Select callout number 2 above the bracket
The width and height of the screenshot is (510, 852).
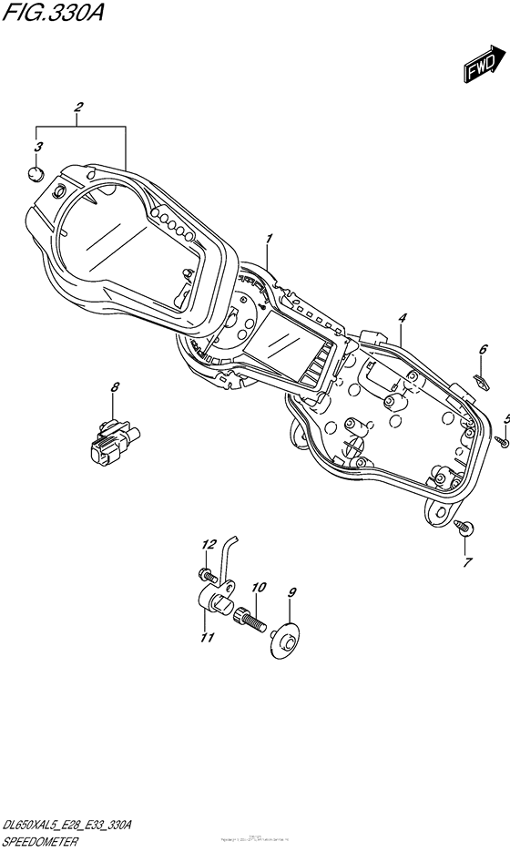pyautogui.click(x=79, y=108)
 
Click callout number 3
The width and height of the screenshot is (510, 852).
pyautogui.click(x=37, y=147)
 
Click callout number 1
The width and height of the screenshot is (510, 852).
pyautogui.click(x=270, y=239)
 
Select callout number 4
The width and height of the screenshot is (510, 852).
pyautogui.click(x=401, y=317)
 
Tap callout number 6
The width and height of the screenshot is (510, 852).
pyautogui.click(x=484, y=349)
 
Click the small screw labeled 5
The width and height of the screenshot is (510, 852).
pyautogui.click(x=501, y=441)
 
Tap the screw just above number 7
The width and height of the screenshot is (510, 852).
pyautogui.click(x=464, y=526)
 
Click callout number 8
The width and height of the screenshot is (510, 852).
pyautogui.click(x=115, y=388)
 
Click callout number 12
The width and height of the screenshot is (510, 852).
pyautogui.click(x=207, y=545)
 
